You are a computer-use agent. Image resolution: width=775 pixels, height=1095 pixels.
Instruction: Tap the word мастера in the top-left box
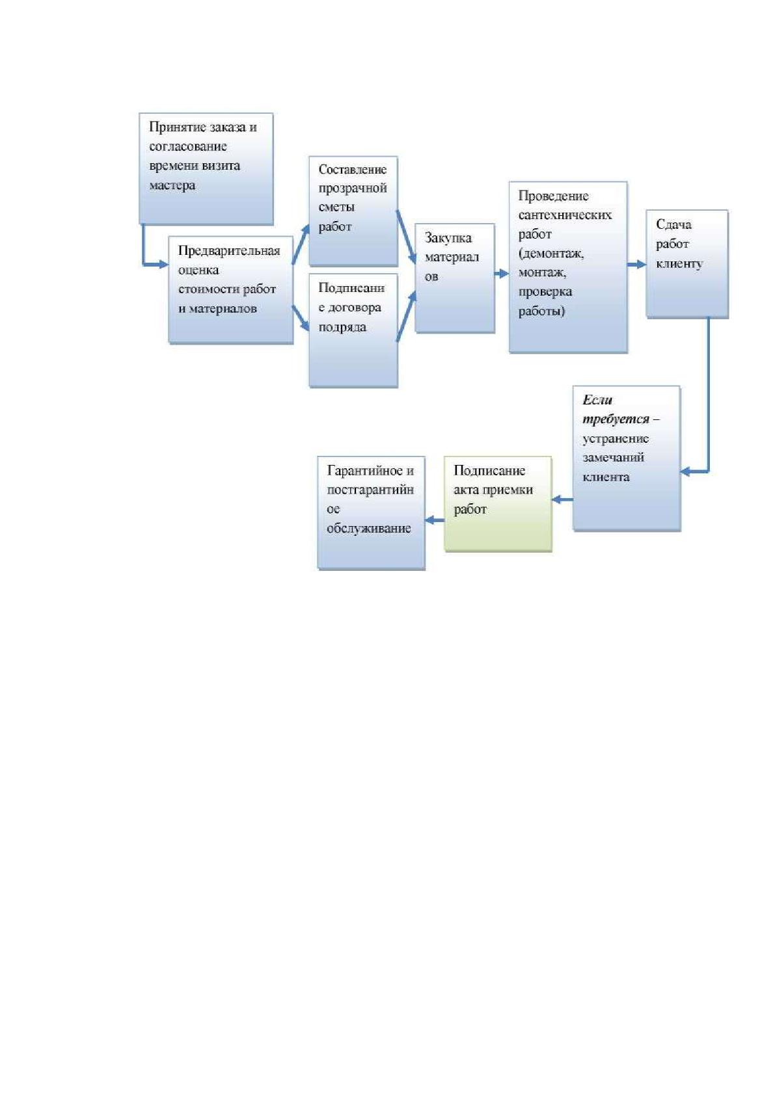(172, 185)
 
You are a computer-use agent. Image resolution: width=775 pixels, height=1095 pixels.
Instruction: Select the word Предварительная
(229, 251)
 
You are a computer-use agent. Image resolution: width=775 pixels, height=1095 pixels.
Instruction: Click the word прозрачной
(352, 188)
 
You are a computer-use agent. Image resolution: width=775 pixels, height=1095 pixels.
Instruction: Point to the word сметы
(336, 207)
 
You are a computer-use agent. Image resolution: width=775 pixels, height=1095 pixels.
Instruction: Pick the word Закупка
(448, 238)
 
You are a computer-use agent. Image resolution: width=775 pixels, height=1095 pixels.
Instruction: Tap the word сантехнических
(565, 215)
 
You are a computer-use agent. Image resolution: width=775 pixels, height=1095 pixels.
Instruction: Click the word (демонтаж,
(551, 254)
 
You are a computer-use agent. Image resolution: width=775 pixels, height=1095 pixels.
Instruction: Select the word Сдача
(673, 224)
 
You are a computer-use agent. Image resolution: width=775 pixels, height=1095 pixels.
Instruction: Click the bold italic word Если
(597, 400)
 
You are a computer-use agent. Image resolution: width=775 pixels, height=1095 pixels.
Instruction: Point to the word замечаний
(613, 458)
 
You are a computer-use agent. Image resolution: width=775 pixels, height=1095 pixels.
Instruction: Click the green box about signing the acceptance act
(498, 504)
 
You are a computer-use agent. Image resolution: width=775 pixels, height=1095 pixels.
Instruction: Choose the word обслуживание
(368, 529)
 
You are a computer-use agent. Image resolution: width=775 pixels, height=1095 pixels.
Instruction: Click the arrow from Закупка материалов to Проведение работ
(502, 274)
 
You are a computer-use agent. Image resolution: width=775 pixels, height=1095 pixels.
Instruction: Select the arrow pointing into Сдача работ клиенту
(636, 265)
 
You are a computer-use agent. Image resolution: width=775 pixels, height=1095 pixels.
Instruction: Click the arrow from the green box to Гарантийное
(435, 520)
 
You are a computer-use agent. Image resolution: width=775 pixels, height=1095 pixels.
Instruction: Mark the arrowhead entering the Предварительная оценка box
(163, 265)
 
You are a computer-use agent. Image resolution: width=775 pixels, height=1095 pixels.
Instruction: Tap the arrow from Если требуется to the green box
(562, 499)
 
